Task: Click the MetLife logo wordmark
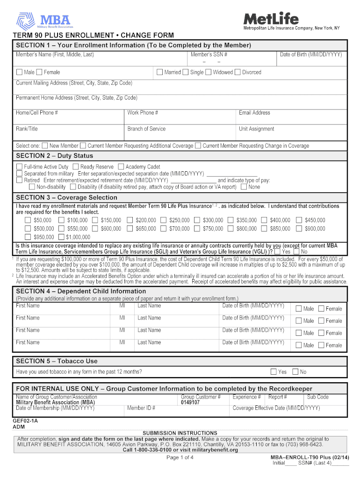click(x=271, y=19)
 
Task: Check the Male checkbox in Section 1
click(x=19, y=72)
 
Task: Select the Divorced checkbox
click(x=238, y=72)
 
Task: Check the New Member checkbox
click(x=45, y=145)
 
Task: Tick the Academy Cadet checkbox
click(x=121, y=167)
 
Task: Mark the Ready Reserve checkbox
click(x=76, y=167)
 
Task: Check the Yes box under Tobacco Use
click(x=274, y=372)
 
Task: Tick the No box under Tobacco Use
click(x=295, y=372)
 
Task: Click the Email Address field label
click(x=254, y=113)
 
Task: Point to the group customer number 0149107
click(x=190, y=402)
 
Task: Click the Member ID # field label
click(x=141, y=408)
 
